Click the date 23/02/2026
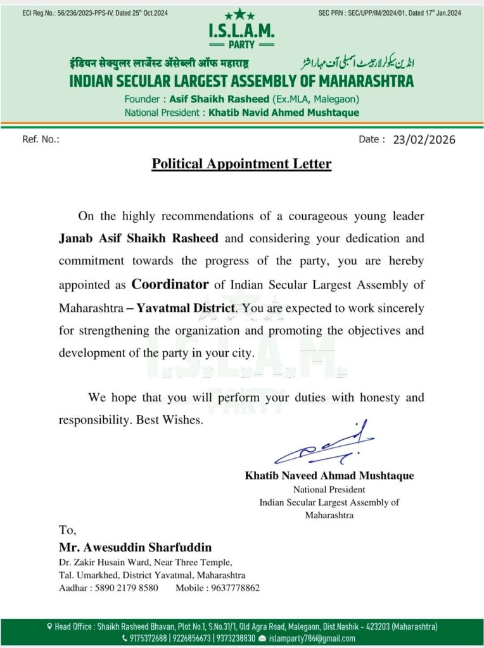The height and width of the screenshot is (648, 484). [x=424, y=140]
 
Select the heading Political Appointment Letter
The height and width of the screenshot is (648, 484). [x=241, y=164]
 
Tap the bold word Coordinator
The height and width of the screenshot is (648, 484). [x=170, y=284]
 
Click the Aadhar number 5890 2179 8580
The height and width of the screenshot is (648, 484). [x=124, y=588]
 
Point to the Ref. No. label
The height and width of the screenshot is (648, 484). [x=41, y=139]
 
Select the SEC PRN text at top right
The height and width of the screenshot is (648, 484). [x=390, y=13]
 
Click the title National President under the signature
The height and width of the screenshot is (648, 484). [x=329, y=489]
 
